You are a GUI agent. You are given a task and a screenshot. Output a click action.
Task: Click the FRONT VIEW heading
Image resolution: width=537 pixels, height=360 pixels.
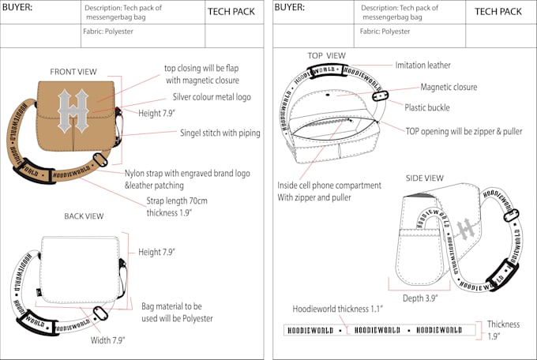73,72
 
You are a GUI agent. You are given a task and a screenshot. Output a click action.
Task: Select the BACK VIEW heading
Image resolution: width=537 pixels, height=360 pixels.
86,216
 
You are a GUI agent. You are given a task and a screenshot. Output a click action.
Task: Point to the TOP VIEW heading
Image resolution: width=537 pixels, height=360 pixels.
326,55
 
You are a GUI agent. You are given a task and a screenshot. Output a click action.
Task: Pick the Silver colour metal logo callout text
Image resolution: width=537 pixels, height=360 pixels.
216,98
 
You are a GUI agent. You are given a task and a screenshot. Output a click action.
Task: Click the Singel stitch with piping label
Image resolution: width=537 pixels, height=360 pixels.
220,133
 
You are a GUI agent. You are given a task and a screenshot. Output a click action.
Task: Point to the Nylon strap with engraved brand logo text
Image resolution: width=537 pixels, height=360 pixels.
187,173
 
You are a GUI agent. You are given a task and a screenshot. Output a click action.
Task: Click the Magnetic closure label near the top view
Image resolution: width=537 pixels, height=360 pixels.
449,87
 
